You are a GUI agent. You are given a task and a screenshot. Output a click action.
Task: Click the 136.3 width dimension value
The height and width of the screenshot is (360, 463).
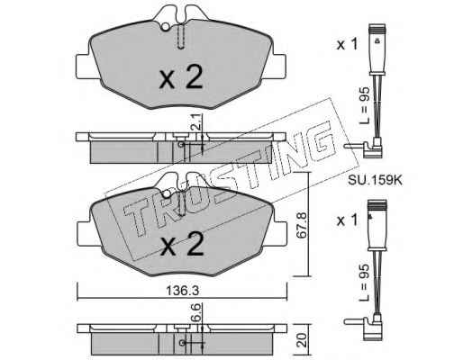click(x=183, y=290)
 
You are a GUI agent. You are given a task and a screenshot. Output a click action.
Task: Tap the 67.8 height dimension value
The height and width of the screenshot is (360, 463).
click(x=301, y=225)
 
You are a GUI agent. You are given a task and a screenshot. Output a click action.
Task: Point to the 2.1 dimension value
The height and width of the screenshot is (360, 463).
click(x=196, y=123)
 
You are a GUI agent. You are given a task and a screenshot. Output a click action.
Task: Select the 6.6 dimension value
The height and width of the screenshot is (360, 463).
click(x=196, y=312)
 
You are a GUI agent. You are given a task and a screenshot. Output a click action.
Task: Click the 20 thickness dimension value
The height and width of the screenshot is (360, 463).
click(x=303, y=340)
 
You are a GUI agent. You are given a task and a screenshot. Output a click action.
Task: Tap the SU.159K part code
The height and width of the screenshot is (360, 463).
click(x=375, y=180)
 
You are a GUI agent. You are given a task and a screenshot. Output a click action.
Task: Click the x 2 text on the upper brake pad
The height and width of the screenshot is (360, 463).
click(x=181, y=76)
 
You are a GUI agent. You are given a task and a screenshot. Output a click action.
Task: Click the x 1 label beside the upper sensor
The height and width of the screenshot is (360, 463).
click(x=348, y=45)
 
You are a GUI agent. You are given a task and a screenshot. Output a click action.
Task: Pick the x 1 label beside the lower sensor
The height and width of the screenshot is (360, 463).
click(x=348, y=220)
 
